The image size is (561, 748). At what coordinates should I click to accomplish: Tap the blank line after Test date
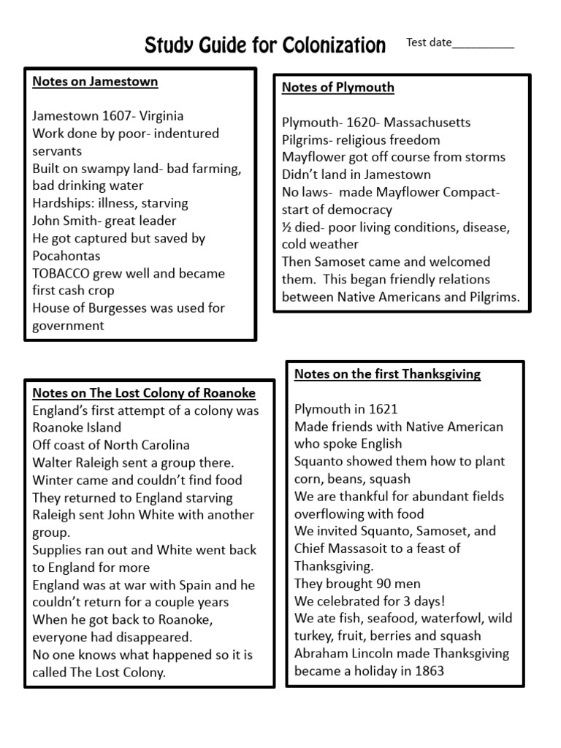(x=483, y=44)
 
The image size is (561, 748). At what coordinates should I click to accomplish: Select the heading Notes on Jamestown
(x=95, y=82)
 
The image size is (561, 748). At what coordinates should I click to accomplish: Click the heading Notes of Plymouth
(x=338, y=88)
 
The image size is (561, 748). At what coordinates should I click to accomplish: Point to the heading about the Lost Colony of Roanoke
(x=144, y=393)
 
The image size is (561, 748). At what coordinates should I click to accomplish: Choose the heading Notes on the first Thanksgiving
(x=387, y=374)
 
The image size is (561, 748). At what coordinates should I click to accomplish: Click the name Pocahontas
(x=66, y=256)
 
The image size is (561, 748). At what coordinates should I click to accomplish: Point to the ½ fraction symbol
(x=287, y=227)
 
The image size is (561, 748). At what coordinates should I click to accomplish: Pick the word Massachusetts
(x=427, y=122)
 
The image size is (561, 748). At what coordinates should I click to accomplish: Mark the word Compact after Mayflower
(x=471, y=192)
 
